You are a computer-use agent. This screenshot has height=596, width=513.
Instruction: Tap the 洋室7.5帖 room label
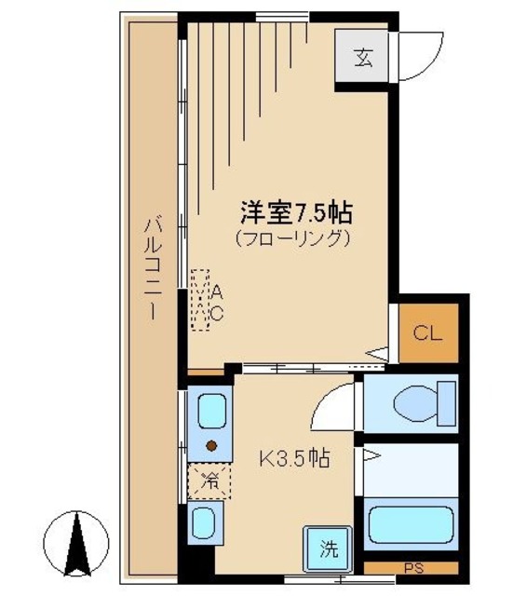[x=290, y=211]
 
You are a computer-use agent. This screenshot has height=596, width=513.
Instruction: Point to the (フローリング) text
[x=291, y=237]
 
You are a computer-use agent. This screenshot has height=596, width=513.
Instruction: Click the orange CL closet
[x=427, y=332]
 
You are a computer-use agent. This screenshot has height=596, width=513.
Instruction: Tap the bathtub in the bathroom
[x=410, y=526]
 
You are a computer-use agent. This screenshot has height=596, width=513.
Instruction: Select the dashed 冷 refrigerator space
[x=210, y=481]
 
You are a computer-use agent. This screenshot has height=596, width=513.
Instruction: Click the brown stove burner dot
[x=211, y=445]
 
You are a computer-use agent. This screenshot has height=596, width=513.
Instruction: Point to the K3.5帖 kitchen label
[x=293, y=457]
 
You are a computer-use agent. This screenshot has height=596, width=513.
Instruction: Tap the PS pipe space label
[x=411, y=567]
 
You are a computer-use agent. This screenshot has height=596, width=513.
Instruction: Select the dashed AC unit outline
[x=199, y=301]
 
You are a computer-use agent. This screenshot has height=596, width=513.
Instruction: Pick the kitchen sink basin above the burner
[x=211, y=411]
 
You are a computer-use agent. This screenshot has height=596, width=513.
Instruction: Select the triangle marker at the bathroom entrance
[x=370, y=455]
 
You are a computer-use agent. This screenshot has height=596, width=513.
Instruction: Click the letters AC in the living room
[x=216, y=303]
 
